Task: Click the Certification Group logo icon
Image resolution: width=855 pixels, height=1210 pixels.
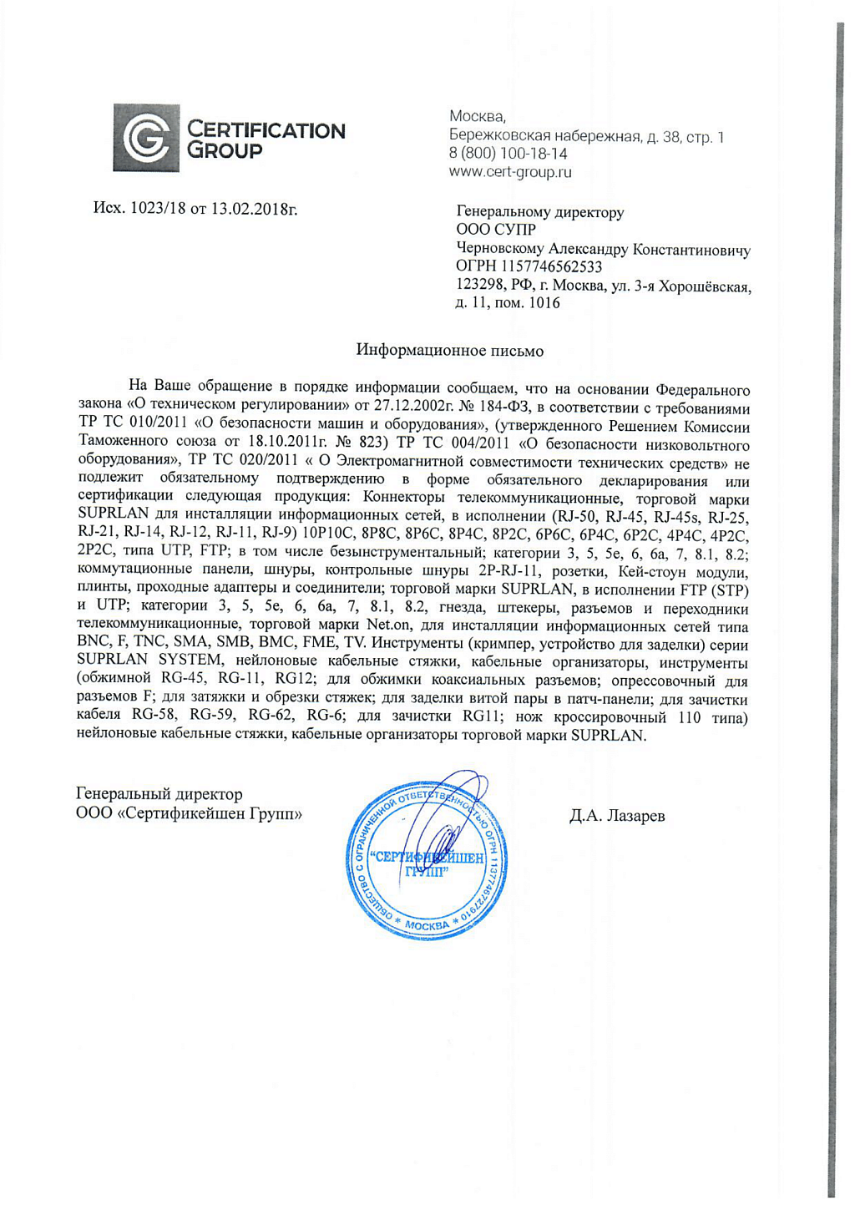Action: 146,139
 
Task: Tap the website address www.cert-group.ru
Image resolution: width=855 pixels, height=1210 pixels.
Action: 510,173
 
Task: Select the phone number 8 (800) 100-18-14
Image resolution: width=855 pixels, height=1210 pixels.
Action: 508,154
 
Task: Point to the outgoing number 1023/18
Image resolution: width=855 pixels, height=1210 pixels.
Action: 159,208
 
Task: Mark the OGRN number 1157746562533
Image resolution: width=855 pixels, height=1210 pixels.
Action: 551,267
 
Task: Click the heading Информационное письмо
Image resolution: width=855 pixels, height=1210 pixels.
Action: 449,351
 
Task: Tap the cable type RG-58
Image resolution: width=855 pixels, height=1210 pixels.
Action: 154,716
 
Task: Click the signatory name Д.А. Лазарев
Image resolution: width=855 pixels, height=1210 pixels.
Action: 617,817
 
